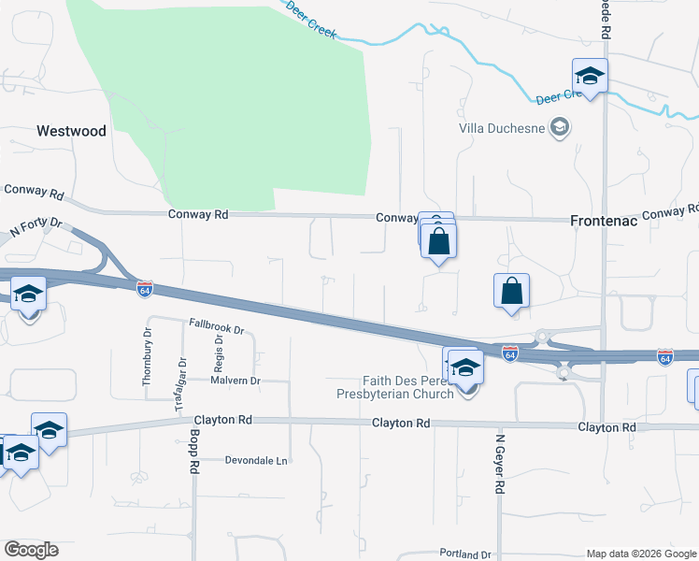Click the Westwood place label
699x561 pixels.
coord(71,131)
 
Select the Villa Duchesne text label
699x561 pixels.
coord(503,127)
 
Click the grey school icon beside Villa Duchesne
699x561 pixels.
coord(560,126)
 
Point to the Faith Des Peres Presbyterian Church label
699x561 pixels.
coord(396,387)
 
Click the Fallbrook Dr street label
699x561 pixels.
coord(216,330)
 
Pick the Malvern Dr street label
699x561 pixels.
coord(235,381)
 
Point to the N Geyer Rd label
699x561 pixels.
coord(501,464)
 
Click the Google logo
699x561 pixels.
coord(31,550)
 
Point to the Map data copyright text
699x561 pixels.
coord(641,554)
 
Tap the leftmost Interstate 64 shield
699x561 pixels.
coord(144,289)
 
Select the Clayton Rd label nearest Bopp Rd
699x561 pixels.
coord(221,423)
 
